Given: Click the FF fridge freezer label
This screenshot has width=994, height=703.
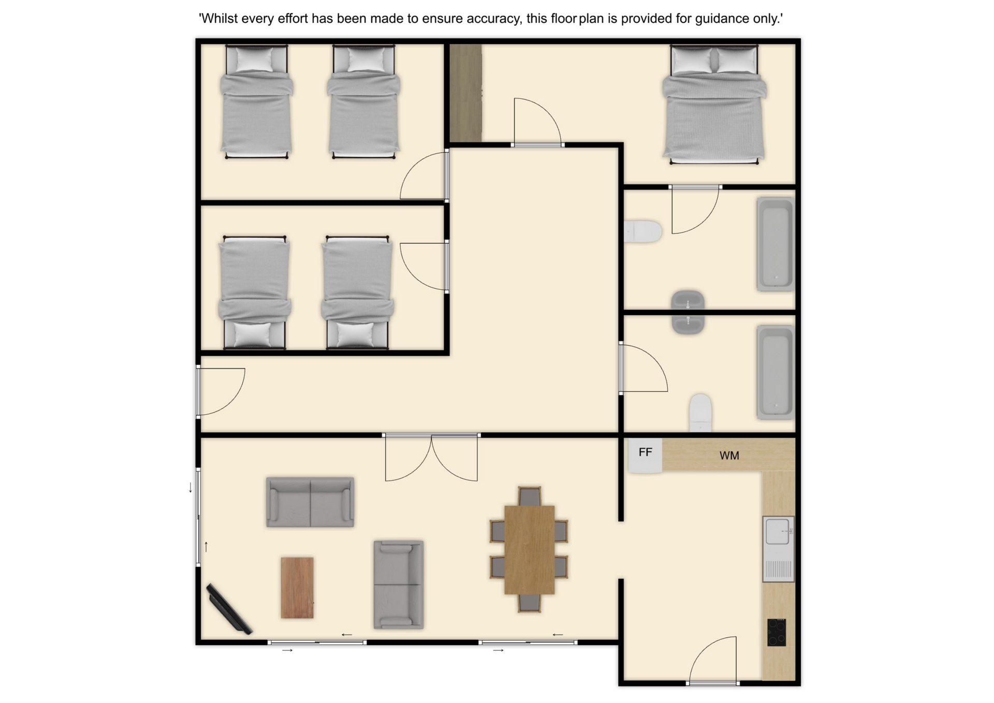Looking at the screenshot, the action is coord(645,452).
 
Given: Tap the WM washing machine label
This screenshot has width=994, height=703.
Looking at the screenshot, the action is coord(729,456).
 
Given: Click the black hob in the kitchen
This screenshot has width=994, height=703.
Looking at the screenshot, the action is coord(777,632).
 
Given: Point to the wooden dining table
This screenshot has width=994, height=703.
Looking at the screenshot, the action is coord(529,550).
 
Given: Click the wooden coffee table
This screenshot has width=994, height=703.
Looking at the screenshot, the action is coord(297,588).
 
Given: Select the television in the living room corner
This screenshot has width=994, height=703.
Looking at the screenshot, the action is coord(229,609).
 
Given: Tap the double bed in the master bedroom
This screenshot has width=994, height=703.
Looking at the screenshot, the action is coord(714,104).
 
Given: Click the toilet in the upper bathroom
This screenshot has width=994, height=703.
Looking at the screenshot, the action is coord(642,231).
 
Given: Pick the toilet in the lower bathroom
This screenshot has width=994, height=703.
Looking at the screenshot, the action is coord(700,413).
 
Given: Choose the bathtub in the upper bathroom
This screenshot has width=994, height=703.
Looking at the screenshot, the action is coord(775,244).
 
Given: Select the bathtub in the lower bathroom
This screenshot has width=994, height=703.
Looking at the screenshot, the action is coord(775,372).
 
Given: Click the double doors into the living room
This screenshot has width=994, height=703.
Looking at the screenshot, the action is coord(431,458).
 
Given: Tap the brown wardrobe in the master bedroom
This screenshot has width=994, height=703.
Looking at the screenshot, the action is coord(465,93).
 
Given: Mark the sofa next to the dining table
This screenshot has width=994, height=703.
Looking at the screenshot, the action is coord(399,585).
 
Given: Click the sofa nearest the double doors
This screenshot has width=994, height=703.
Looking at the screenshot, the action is coord(310,502).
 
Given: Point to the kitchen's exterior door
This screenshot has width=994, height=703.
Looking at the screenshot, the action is coord(713,661).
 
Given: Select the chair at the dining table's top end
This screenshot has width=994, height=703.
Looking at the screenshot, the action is coord(529,496).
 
